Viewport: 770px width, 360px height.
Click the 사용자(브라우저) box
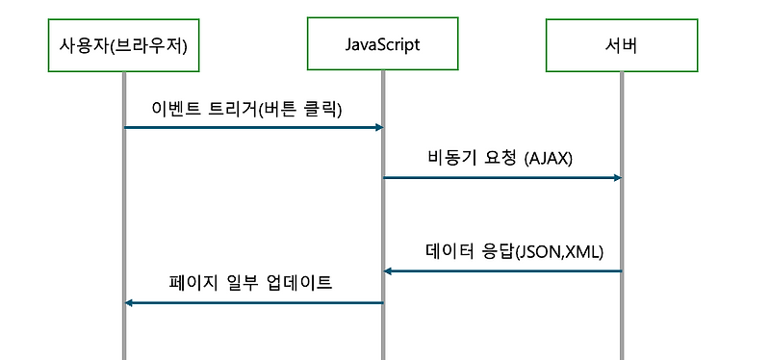(x=123, y=45)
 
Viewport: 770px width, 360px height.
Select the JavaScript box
(x=382, y=45)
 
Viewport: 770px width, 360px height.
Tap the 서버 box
(x=621, y=45)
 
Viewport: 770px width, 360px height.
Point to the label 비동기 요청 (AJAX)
(x=500, y=158)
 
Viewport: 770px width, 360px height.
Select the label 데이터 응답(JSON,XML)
(x=514, y=252)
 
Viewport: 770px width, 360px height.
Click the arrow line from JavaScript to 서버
(x=500, y=177)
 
